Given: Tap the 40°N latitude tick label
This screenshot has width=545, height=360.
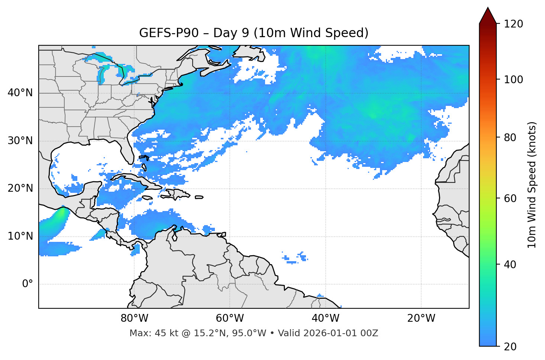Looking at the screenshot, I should [20, 93].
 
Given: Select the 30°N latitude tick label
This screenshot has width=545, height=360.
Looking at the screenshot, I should [20, 141].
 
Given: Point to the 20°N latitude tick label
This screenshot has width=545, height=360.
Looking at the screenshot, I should [20, 188].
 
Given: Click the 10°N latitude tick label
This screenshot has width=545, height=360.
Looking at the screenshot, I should [20, 236].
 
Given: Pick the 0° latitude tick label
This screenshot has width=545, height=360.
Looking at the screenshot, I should [27, 284].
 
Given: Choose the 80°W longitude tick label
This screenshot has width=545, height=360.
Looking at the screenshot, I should [134, 318].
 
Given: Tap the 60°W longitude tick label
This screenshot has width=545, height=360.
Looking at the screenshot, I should [230, 318].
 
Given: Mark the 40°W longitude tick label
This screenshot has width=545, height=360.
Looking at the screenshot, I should [325, 318].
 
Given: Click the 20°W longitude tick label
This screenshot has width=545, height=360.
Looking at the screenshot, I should [421, 318].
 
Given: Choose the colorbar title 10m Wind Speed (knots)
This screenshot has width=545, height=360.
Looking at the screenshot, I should [532, 185].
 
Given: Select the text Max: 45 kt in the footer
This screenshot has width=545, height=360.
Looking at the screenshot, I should [146, 333].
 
